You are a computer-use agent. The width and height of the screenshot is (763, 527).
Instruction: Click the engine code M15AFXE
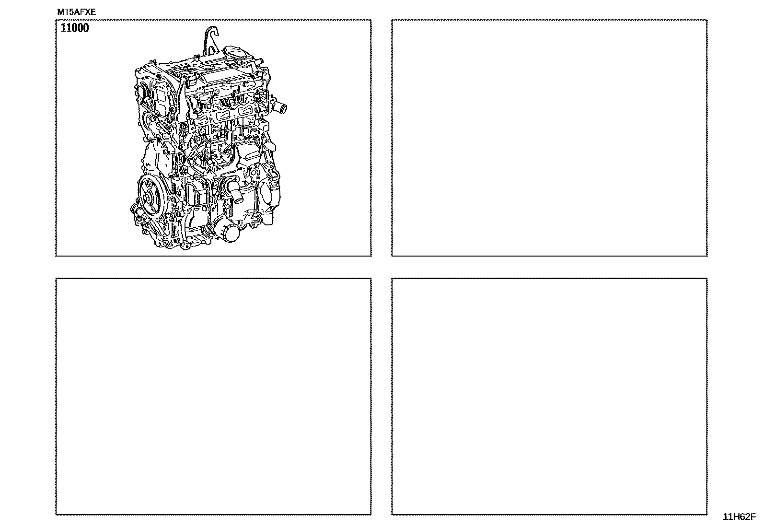coord(76,12)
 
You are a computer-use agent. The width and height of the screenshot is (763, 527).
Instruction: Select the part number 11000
coord(75,28)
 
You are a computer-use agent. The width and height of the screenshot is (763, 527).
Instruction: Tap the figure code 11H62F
coord(739,516)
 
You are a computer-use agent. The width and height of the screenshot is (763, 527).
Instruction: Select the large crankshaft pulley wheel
coord(150,197)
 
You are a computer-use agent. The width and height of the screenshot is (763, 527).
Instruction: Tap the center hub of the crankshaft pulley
coord(149,198)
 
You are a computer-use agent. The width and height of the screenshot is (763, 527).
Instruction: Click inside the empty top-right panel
coord(549,138)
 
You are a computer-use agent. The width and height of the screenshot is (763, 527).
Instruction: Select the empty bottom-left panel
coord(213,397)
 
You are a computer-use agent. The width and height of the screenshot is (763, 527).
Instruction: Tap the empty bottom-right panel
coord(549,397)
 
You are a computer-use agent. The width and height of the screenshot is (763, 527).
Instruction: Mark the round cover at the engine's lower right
coord(269,196)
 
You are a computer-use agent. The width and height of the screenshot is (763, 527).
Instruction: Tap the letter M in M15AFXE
coord(60,12)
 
